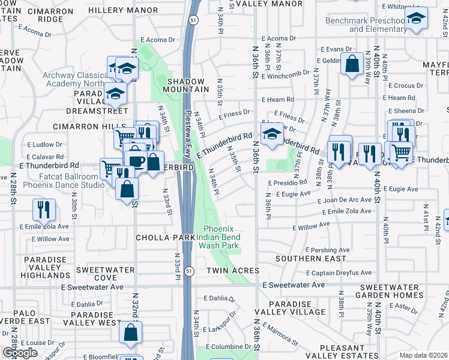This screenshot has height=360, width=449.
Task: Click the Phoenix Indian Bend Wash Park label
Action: (x=221, y=237)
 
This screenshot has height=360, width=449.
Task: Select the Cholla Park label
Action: (x=165, y=238)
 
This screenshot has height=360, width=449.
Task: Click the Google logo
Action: (x=20, y=353)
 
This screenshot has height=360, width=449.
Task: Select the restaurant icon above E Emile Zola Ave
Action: (x=43, y=209)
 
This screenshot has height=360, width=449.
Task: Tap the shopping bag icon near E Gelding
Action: (x=351, y=63)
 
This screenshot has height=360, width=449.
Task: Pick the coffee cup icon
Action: (x=135, y=161)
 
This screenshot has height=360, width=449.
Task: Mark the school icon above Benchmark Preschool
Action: (x=415, y=19)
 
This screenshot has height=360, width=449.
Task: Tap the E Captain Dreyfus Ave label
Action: (x=343, y=272)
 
